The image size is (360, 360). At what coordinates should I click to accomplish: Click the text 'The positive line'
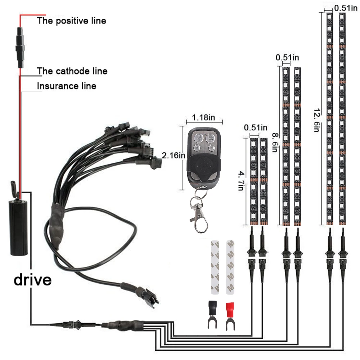pyautogui.click(x=71, y=21)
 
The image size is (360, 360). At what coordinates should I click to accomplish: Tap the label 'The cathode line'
pyautogui.click(x=72, y=71)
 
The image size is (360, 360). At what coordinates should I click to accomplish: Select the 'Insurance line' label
pyautogui.click(x=67, y=86)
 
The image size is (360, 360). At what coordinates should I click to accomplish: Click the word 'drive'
pyautogui.click(x=32, y=279)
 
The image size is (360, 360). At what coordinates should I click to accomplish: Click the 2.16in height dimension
pyautogui.click(x=174, y=155)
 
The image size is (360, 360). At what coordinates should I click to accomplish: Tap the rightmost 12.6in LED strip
pyautogui.click(x=342, y=119)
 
